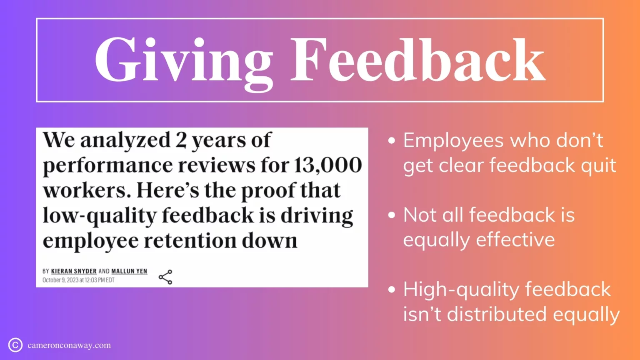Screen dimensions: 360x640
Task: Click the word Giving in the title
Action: (183, 60)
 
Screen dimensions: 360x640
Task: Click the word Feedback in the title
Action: (417, 60)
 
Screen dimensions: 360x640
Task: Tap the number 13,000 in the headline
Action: (328, 165)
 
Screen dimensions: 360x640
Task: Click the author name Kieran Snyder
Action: (74, 271)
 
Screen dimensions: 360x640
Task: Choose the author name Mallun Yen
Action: (129, 271)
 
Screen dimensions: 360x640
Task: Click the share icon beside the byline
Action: (165, 277)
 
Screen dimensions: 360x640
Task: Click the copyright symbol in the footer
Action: (15, 345)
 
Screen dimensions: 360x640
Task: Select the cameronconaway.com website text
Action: (69, 345)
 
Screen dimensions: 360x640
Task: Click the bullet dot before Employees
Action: (391, 141)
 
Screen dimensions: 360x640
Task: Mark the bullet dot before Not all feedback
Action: (391, 215)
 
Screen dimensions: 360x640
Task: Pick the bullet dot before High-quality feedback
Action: (391, 290)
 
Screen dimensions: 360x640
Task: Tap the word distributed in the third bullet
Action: (497, 314)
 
